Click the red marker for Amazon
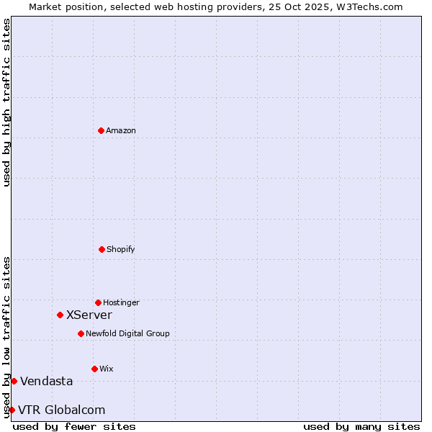[x=101, y=130]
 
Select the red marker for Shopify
[x=102, y=249]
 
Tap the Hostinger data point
[x=98, y=302]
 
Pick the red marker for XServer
[x=60, y=315]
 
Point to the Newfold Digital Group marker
[x=81, y=333]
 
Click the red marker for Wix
[x=94, y=369]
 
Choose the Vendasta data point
[x=14, y=381]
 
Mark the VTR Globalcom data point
[x=12, y=410]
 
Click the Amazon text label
[x=121, y=130]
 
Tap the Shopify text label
[x=121, y=249]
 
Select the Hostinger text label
[x=121, y=302]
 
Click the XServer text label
[x=89, y=315]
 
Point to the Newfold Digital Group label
[x=127, y=333]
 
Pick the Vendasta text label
[x=47, y=381]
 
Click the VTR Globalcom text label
[x=62, y=410]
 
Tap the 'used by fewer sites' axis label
[x=74, y=426]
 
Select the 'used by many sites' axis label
[x=361, y=426]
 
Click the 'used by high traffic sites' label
[x=6, y=102]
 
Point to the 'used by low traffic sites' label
[x=6, y=337]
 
